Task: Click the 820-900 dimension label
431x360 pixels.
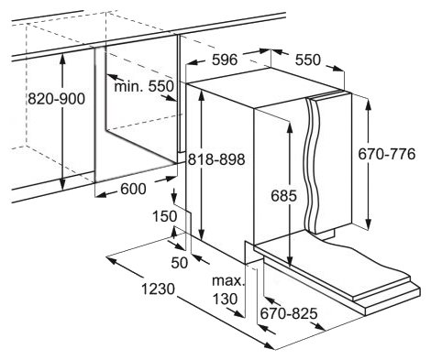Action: click(56, 99)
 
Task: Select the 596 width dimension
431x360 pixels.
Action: click(225, 60)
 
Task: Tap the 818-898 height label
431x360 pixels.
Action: click(216, 159)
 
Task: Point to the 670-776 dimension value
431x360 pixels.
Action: click(387, 154)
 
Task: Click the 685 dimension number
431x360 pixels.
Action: click(283, 196)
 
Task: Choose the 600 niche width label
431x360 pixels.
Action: click(133, 189)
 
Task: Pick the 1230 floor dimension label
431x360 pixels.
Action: click(158, 289)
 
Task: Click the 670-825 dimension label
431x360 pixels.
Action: click(289, 313)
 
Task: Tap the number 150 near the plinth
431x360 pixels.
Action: click(165, 216)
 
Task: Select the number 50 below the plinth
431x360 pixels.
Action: click(180, 263)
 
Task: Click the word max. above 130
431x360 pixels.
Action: click(228, 281)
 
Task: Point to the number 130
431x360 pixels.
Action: click(225, 299)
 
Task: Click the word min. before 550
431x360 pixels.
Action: click(128, 87)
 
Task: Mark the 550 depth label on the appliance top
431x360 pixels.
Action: click(308, 60)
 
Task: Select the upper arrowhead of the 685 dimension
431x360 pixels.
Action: click(290, 127)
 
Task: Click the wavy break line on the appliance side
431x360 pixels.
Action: click(313, 165)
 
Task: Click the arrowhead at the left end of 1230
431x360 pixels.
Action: click(111, 260)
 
